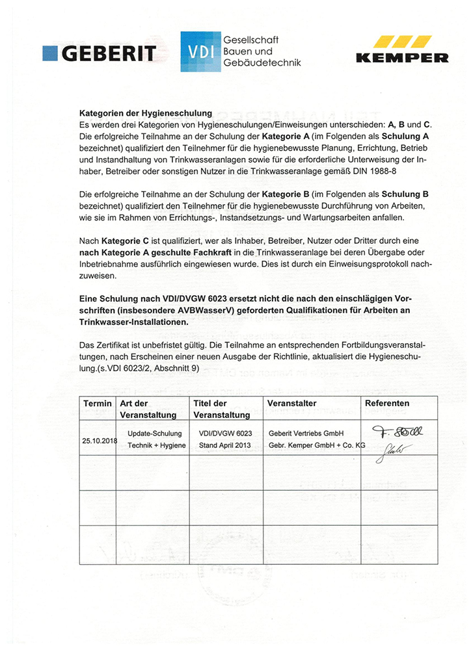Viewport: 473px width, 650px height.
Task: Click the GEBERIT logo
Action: pyautogui.click(x=99, y=53)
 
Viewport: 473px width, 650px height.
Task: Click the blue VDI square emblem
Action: pyautogui.click(x=200, y=51)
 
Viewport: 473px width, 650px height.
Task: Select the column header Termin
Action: pyautogui.click(x=97, y=404)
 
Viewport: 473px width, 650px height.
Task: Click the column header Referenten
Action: pyautogui.click(x=387, y=404)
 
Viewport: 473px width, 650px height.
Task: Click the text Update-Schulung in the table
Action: pyautogui.click(x=154, y=433)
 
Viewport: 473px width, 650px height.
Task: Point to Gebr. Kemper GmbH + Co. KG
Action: pyautogui.click(x=317, y=445)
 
